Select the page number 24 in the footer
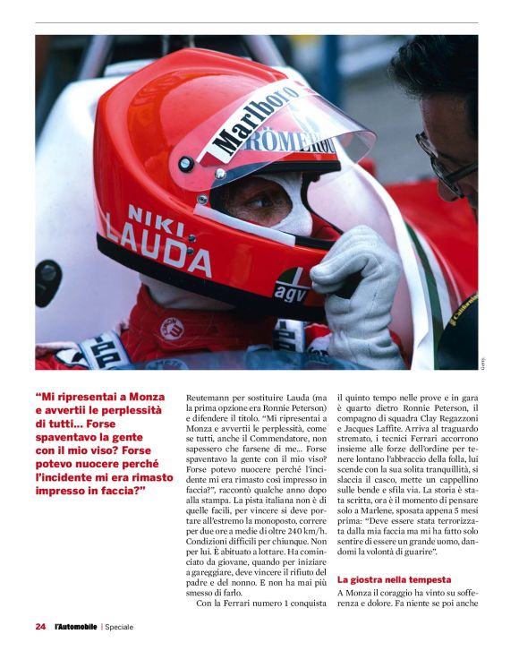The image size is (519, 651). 40,627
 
